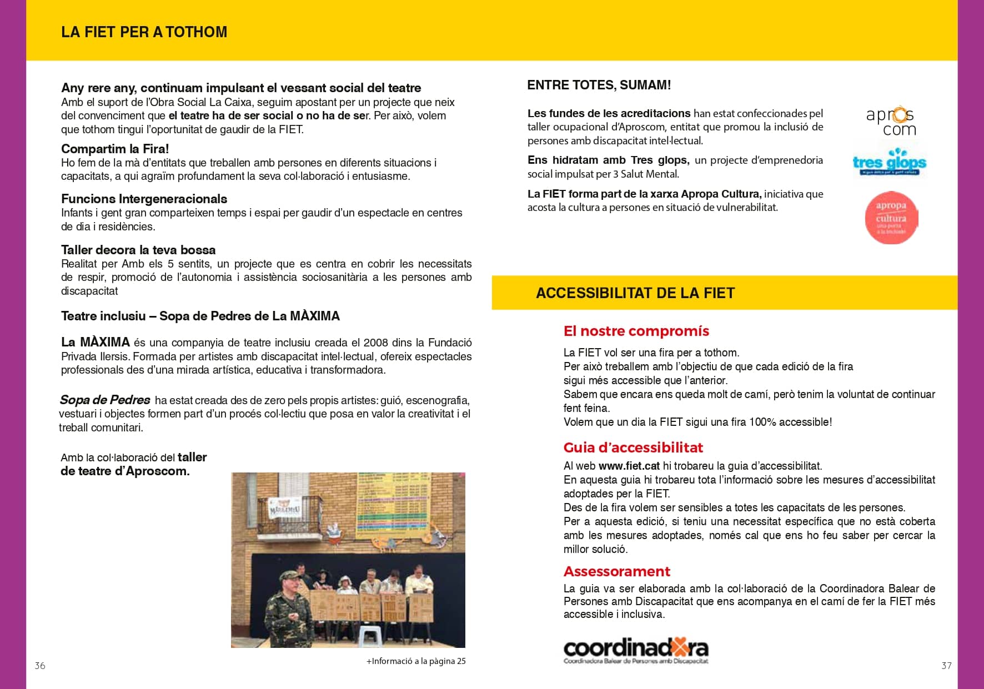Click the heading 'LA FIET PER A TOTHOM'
144,32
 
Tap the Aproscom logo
890,122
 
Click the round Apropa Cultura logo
891,218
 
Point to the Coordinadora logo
636,650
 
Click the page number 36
40,666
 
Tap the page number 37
946,666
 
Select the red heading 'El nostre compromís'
636,331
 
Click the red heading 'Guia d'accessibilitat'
633,447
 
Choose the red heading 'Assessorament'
616,571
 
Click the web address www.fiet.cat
629,466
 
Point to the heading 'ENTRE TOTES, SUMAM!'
599,85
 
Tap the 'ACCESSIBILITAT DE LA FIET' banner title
635,293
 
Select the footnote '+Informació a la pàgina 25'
416,661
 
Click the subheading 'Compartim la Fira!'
115,149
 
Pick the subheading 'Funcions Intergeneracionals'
144,199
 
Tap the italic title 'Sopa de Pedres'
105,400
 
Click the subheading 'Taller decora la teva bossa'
138,250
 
